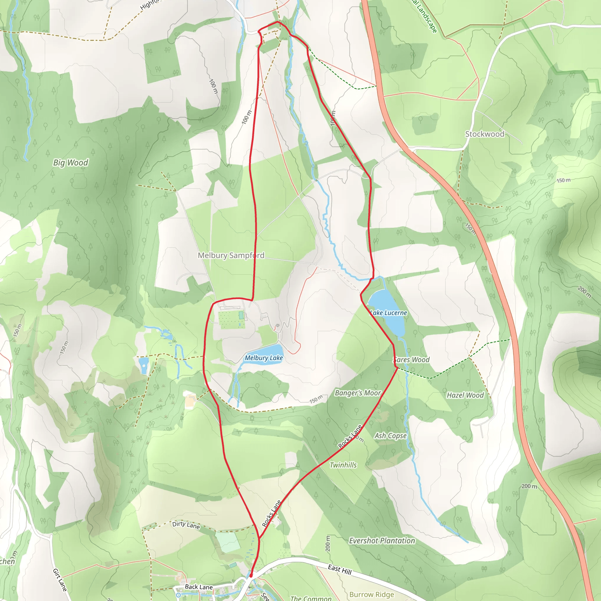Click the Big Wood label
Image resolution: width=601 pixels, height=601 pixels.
click(x=71, y=163)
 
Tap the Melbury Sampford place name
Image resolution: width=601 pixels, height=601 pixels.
click(x=231, y=255)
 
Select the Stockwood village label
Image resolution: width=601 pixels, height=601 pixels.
click(x=484, y=134)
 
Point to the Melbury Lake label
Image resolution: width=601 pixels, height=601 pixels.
click(x=264, y=358)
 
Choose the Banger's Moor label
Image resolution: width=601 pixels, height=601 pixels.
click(x=358, y=393)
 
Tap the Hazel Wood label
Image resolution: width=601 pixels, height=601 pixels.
click(x=465, y=395)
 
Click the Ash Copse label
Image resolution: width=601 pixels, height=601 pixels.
click(x=390, y=435)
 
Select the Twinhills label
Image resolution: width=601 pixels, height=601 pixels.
click(x=343, y=465)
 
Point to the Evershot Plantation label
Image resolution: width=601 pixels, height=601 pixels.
click(x=382, y=541)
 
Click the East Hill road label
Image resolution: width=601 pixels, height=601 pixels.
click(x=340, y=570)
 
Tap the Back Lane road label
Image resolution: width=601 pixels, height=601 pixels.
click(x=199, y=587)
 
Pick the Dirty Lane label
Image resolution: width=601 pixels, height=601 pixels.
click(x=186, y=525)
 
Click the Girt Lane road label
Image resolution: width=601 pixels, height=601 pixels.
click(x=60, y=580)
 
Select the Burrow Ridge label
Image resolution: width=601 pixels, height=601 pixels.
click(x=372, y=595)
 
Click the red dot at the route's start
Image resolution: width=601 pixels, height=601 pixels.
click(x=251, y=576)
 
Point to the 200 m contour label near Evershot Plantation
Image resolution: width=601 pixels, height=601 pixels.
click(x=327, y=543)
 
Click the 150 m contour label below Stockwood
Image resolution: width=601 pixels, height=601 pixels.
click(x=563, y=180)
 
